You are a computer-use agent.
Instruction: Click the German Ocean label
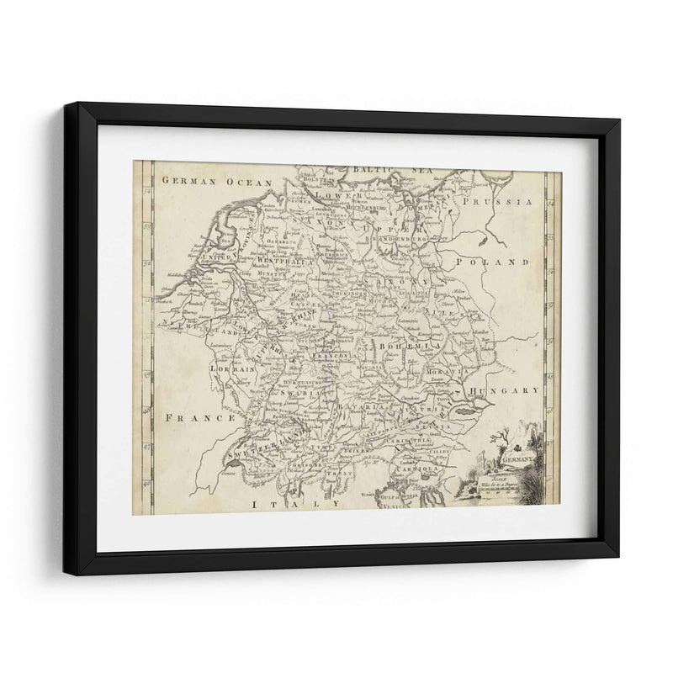point(206,182)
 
